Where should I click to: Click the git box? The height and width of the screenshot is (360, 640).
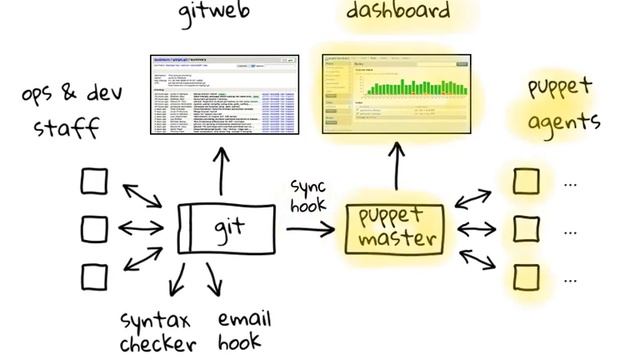click(x=227, y=228)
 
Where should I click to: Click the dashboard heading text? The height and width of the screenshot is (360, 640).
click(x=397, y=11)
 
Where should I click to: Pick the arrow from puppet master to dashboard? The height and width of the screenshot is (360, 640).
click(x=396, y=165)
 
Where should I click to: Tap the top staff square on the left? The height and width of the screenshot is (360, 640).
click(x=94, y=182)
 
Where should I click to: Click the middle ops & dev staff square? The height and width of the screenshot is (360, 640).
click(x=94, y=229)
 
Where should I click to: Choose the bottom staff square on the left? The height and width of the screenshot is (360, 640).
click(x=94, y=275)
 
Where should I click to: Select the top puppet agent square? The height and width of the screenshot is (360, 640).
click(x=525, y=182)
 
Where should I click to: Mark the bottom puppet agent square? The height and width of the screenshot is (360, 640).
click(x=525, y=275)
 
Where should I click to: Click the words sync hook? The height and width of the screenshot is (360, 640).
click(x=309, y=196)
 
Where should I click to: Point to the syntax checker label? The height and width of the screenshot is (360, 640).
click(x=156, y=332)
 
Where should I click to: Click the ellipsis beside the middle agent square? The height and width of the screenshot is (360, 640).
click(x=570, y=230)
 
